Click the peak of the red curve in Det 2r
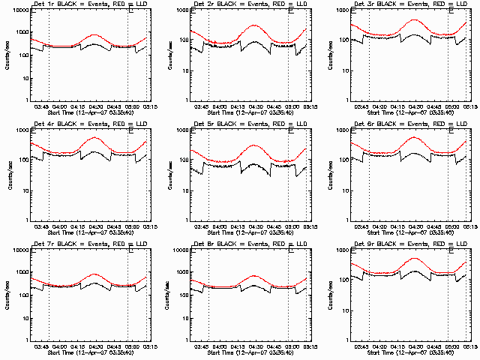point(254,25)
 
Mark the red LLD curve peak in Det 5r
point(254,145)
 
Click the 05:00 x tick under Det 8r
point(291,346)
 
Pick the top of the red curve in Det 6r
point(415,137)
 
